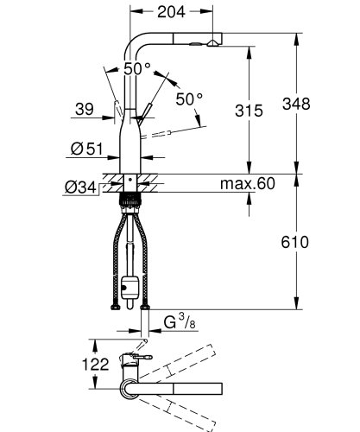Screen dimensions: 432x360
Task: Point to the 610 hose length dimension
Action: tap(294, 243)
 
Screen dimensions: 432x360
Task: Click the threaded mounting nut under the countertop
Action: tap(130, 200)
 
